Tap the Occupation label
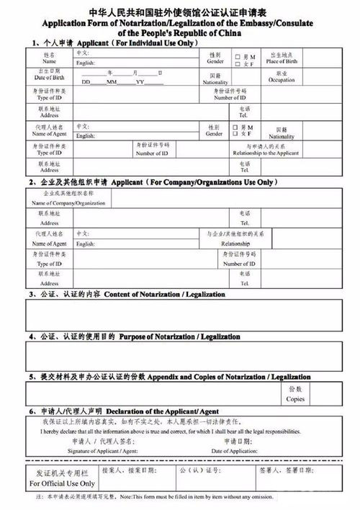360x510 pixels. pyautogui.click(x=281, y=80)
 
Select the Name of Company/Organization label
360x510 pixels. pyautogui.click(x=68, y=203)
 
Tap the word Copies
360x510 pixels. pyautogui.click(x=295, y=398)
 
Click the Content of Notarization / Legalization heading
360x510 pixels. pyautogui.click(x=165, y=295)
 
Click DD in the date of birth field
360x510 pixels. pyautogui.click(x=86, y=82)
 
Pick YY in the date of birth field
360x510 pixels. pyautogui.click(x=140, y=82)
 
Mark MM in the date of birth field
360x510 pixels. pyautogui.click(x=112, y=82)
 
